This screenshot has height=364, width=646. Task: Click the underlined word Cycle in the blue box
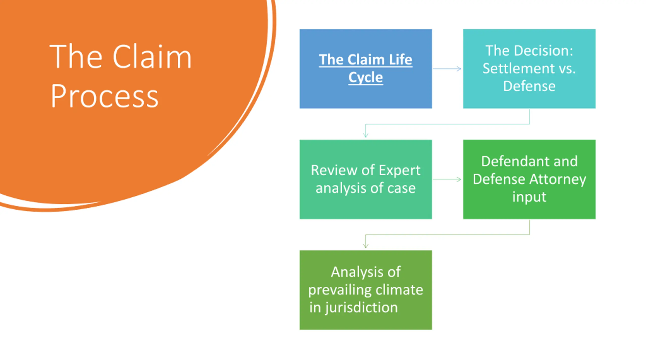pos(366,77)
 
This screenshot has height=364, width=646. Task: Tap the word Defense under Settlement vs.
pos(529,86)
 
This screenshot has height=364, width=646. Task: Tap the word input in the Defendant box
pos(529,197)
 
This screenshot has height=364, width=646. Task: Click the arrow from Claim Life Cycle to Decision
pos(447,69)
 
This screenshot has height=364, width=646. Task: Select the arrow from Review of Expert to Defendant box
pos(447,179)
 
